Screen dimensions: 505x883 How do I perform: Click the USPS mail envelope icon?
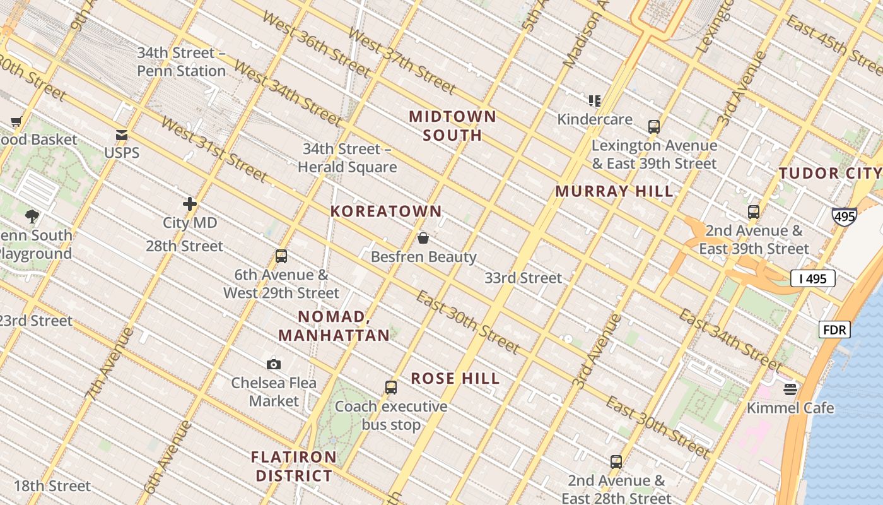point(122,135)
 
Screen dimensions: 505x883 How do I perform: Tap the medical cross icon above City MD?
point(190,204)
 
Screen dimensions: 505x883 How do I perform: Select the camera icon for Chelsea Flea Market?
point(274,364)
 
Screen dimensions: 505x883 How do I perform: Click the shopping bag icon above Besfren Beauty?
point(423,238)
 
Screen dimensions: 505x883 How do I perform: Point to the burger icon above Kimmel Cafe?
point(790,389)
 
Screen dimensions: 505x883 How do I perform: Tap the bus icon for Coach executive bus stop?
point(391,388)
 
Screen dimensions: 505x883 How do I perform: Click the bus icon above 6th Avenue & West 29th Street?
point(281,256)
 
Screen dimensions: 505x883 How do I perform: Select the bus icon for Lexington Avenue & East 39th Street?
point(654,126)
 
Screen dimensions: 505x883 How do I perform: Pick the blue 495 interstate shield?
point(844,217)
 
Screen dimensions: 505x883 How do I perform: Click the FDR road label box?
point(835,330)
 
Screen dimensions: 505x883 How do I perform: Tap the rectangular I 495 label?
point(813,278)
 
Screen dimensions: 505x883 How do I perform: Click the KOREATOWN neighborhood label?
point(386,211)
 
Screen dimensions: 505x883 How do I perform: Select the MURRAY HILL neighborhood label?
point(614,191)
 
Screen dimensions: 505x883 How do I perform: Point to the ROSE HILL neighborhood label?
point(455,379)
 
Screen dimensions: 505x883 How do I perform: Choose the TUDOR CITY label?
point(829,174)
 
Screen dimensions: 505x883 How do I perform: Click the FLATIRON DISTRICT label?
point(294,466)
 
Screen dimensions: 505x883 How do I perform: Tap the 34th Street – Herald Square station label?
point(348,158)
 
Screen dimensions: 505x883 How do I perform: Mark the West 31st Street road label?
point(214,150)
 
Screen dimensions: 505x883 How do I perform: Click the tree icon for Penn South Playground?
point(32,217)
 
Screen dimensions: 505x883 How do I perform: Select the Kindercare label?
point(595,119)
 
